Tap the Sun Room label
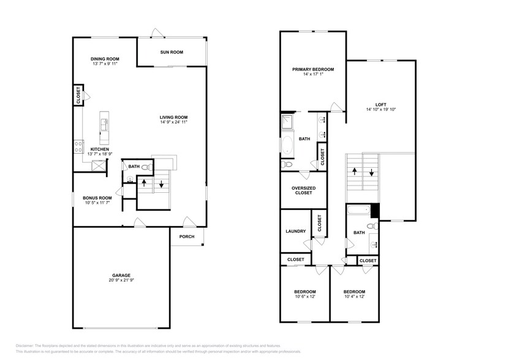point(172,52)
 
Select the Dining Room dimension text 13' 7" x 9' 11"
point(105,64)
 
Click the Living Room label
point(174,117)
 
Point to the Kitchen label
point(100,149)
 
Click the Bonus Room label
point(98,198)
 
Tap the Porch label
point(187,237)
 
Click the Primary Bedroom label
point(312,69)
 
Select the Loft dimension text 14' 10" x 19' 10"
point(381,110)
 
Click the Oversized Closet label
point(303,190)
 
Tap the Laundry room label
point(296,231)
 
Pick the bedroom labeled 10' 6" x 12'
point(304,297)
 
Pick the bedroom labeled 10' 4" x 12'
point(354,297)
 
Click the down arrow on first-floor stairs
point(162,184)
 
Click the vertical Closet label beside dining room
point(78,96)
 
